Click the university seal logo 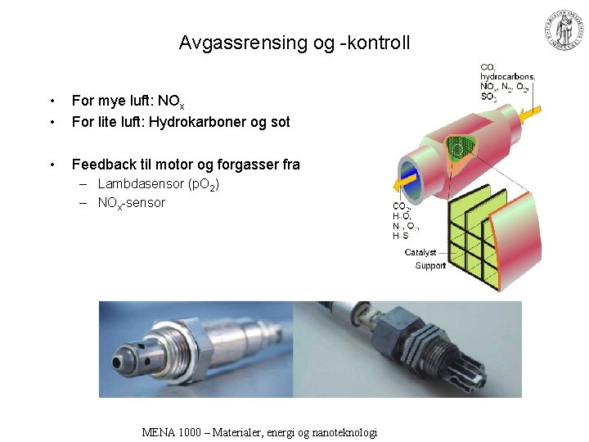tap(563, 30)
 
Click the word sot tap(278, 122)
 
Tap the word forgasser tap(250, 165)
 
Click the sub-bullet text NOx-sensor tap(131, 203)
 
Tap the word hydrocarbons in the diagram tap(507, 76)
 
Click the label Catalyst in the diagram tap(420, 253)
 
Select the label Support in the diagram tap(430, 265)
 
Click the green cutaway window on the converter tap(463, 145)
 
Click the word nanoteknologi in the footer tap(344, 432)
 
